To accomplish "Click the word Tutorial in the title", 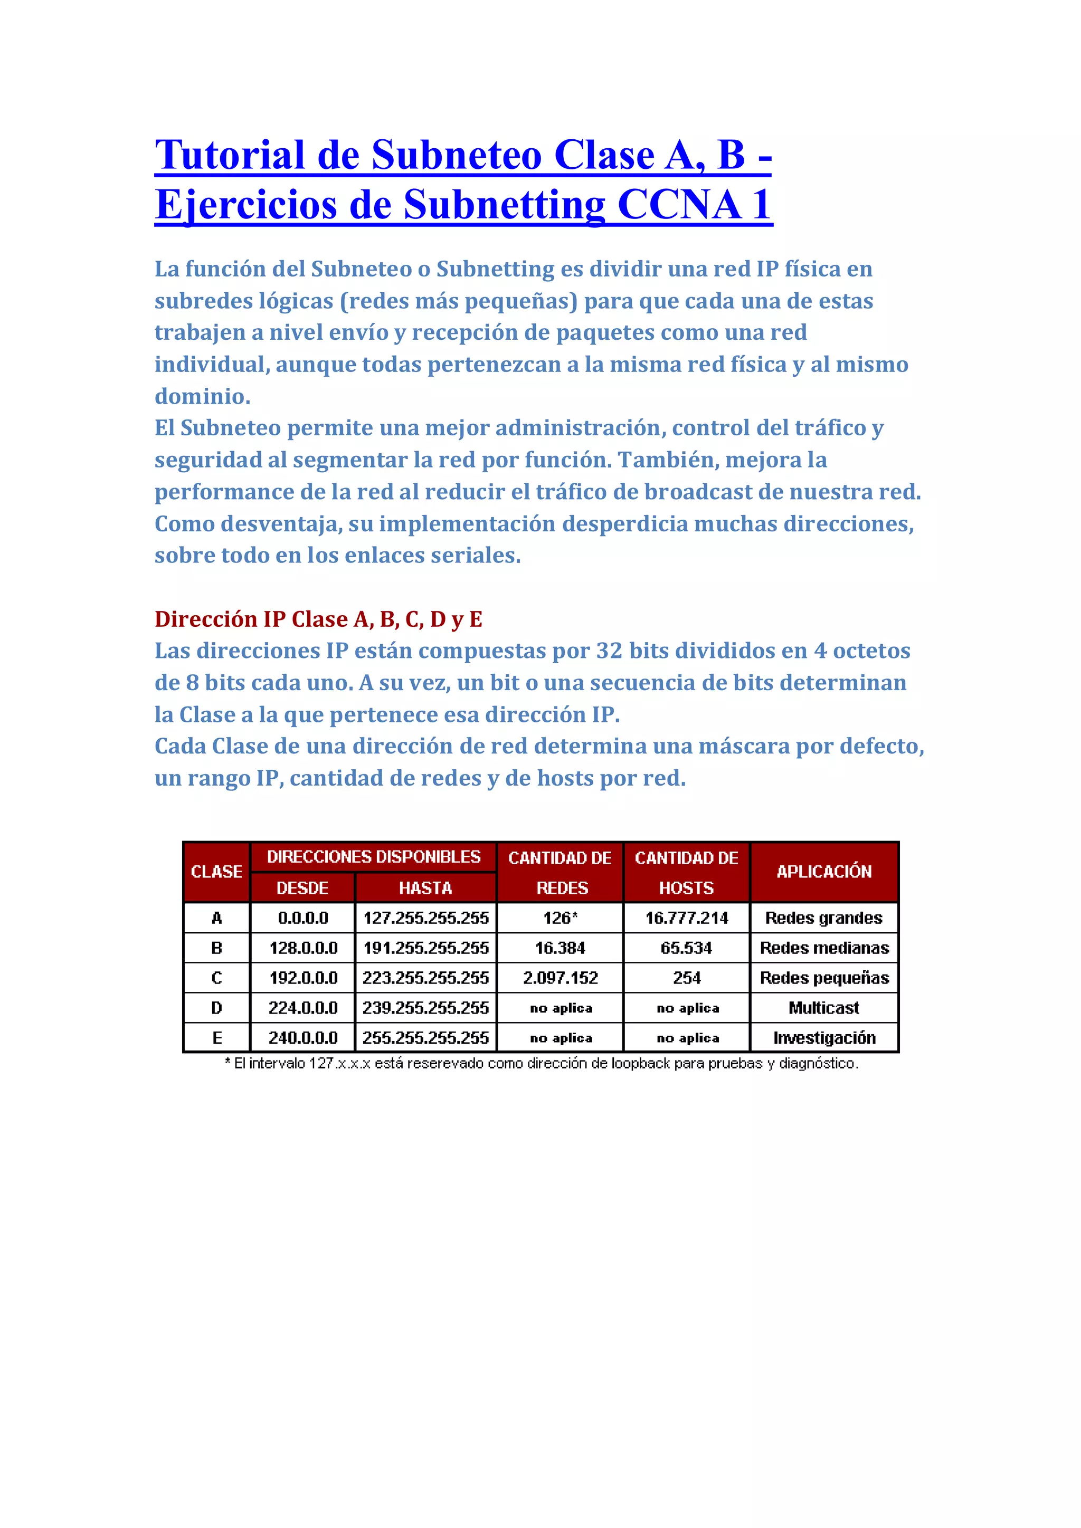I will (x=230, y=155).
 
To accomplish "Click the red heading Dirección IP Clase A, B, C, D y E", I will (x=318, y=619).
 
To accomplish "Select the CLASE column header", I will (x=216, y=872).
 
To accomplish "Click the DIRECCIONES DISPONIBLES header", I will (x=373, y=857).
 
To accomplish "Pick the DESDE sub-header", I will (x=303, y=888).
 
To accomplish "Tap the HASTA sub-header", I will (x=425, y=888).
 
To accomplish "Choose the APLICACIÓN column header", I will (x=824, y=872).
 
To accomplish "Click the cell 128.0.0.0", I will (x=303, y=948).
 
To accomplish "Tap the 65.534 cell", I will (x=686, y=948).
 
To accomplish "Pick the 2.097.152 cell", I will (x=560, y=978).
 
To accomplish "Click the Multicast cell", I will (x=824, y=1008).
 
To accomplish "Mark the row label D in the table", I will (x=216, y=1008).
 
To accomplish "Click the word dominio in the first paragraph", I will (x=202, y=396).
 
